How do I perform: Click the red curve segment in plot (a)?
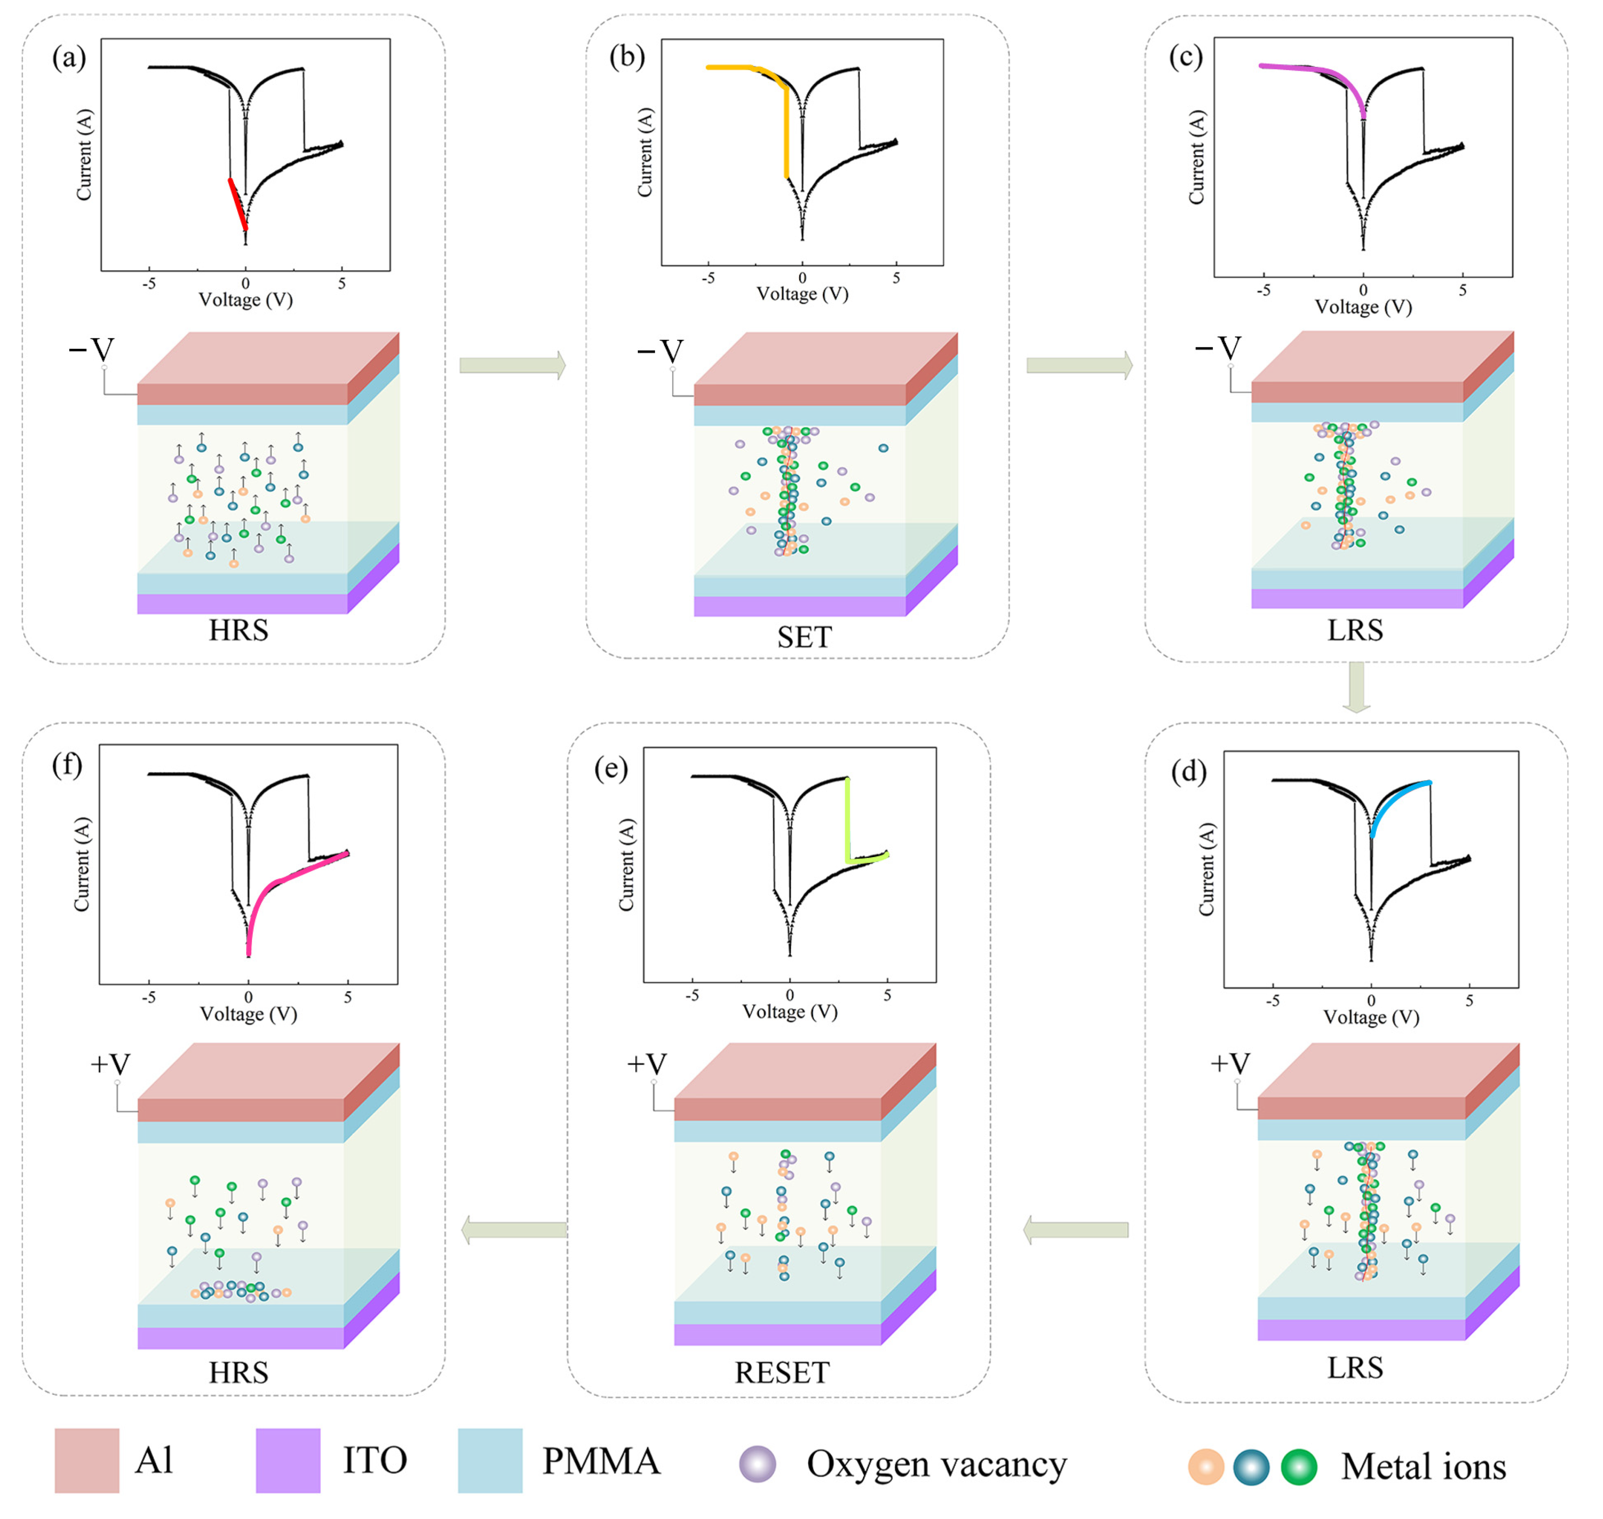[x=237, y=205]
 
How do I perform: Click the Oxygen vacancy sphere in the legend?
[x=758, y=1464]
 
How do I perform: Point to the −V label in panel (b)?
[x=660, y=351]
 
